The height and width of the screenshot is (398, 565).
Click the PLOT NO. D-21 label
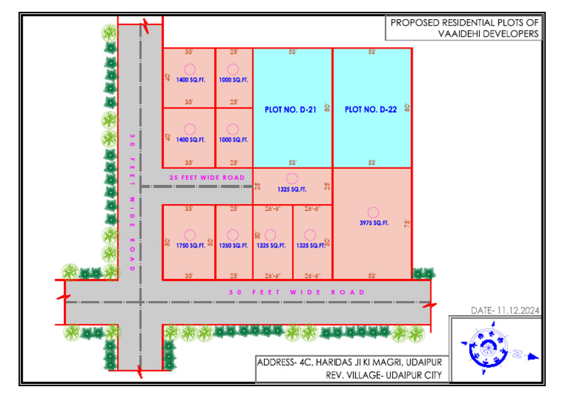[290, 109]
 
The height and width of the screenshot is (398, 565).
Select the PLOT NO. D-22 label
[371, 109]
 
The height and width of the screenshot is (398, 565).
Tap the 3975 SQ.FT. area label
[373, 222]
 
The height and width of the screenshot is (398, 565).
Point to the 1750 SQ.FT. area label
[190, 246]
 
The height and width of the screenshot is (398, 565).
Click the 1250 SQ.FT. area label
[233, 246]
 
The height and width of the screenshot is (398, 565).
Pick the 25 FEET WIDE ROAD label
[206, 178]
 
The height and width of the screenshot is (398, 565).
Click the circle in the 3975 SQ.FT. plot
[373, 211]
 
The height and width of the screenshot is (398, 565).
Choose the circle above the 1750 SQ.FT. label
[190, 235]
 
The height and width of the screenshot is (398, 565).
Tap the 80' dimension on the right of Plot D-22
[407, 107]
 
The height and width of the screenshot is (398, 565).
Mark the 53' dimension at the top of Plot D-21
[293, 52]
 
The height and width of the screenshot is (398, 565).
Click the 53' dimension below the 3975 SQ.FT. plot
[373, 276]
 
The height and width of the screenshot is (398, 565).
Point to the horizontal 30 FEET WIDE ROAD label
[296, 292]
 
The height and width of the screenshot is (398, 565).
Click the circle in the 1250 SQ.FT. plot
[233, 235]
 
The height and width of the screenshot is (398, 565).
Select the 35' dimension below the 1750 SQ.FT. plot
[189, 276]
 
